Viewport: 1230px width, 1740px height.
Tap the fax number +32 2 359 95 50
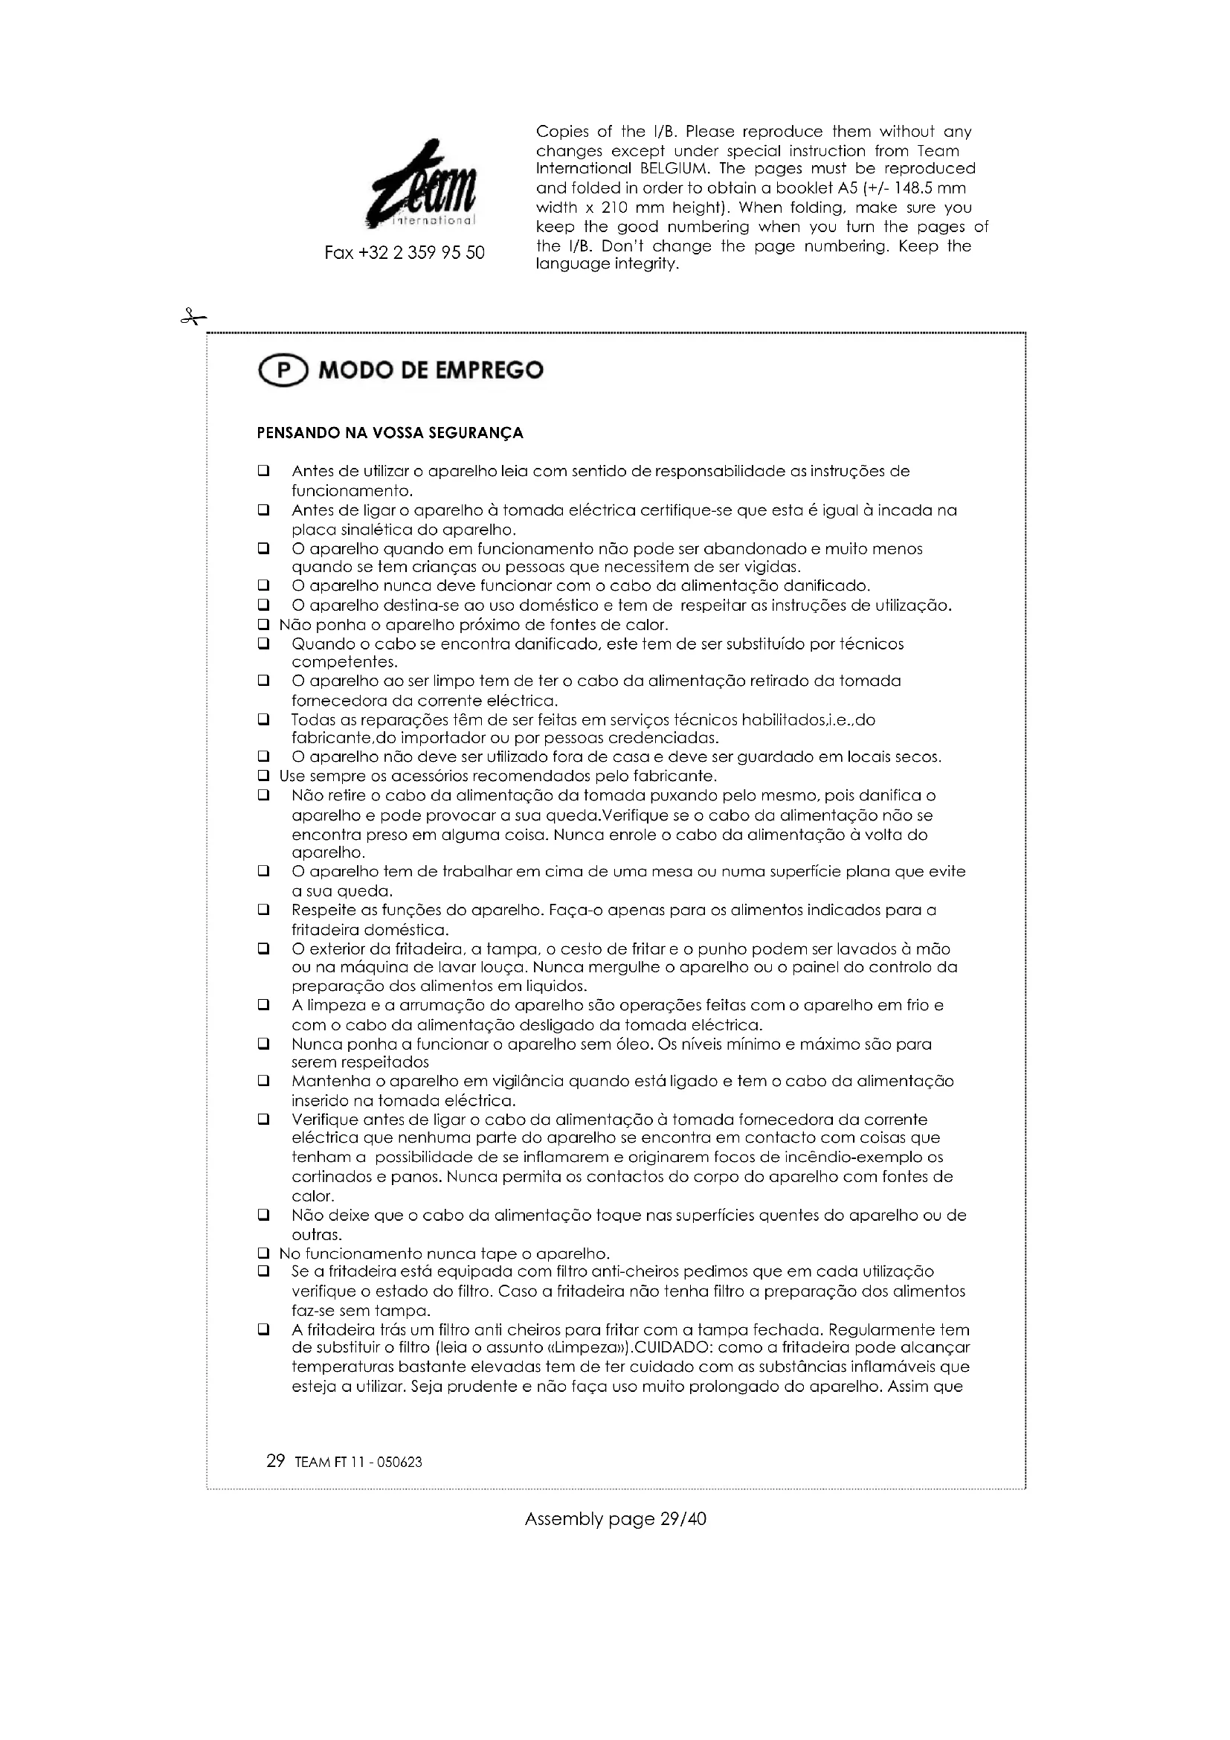[x=405, y=253]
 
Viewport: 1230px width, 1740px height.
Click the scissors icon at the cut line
[x=193, y=317]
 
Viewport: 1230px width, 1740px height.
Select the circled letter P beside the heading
[x=283, y=371]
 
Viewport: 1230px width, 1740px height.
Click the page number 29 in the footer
[x=276, y=1460]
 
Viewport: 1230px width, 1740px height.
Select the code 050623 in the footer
[x=399, y=1463]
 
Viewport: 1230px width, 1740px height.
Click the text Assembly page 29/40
[x=615, y=1520]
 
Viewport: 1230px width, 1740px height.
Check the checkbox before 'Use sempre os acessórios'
[x=263, y=776]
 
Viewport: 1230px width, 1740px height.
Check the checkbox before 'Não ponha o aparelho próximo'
[x=263, y=625]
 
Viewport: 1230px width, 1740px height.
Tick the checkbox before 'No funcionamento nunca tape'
[x=263, y=1253]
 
